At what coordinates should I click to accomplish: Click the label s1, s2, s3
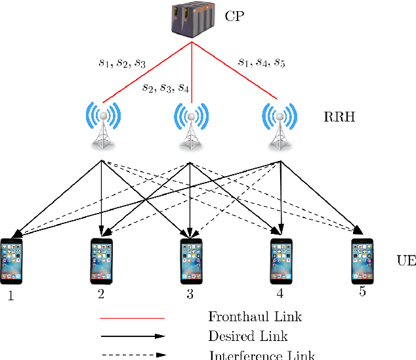click(122, 63)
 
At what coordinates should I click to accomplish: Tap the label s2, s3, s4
click(166, 88)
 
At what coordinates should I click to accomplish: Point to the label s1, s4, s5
click(261, 63)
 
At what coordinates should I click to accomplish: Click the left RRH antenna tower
click(102, 124)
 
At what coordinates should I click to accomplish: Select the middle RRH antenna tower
click(191, 124)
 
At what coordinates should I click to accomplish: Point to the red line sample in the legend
click(131, 317)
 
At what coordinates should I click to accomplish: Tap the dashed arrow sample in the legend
click(131, 355)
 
